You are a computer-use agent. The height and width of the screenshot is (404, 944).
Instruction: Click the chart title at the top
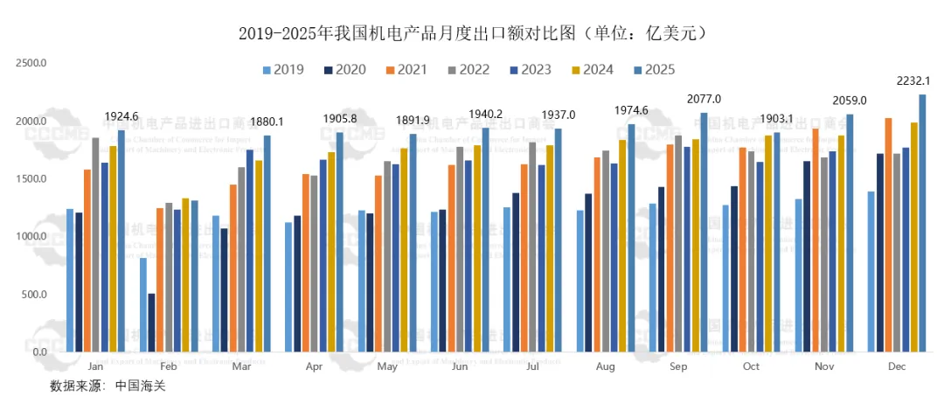tap(472, 33)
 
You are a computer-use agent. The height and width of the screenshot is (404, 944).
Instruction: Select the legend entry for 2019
tap(283, 70)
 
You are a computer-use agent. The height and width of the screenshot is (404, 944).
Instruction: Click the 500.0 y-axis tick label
tap(34, 295)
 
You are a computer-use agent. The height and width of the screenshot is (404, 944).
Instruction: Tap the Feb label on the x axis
tap(169, 368)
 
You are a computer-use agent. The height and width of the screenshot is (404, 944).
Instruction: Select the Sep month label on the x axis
tap(677, 368)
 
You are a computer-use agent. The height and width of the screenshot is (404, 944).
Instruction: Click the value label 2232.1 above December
tap(913, 81)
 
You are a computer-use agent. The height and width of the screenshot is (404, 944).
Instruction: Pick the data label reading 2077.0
tap(704, 99)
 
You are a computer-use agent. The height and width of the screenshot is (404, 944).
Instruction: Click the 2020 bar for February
tap(151, 323)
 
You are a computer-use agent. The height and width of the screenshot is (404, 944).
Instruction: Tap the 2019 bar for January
tap(70, 281)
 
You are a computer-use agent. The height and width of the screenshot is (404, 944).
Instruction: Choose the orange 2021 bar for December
tap(888, 235)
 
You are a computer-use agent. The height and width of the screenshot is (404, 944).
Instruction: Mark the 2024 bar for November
tap(841, 244)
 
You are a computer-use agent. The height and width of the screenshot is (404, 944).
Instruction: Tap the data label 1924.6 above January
tap(122, 116)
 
